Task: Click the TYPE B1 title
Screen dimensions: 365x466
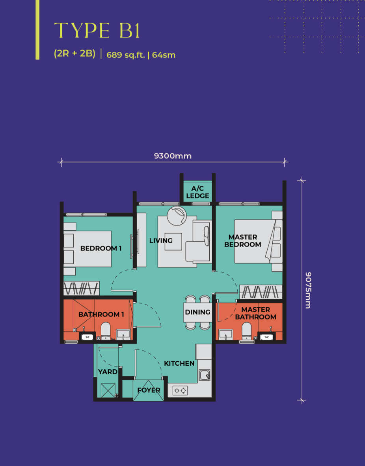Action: click(97, 30)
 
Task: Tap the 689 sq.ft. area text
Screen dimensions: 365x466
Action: click(125, 55)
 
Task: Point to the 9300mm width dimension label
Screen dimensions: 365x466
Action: click(173, 156)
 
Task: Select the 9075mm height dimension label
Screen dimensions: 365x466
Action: click(308, 290)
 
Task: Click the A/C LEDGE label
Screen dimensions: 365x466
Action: click(197, 192)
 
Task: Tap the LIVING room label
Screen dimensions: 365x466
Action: click(161, 241)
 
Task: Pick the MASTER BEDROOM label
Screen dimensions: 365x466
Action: click(243, 241)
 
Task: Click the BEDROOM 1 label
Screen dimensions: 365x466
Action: click(101, 248)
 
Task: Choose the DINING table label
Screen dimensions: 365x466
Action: click(197, 312)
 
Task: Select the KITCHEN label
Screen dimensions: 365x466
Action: click(179, 363)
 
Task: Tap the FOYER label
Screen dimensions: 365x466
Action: click(149, 390)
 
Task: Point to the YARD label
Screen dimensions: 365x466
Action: click(108, 372)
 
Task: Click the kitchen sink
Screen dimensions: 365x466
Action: click(205, 375)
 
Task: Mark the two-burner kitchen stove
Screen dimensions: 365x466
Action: click(180, 391)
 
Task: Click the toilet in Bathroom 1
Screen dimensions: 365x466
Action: click(106, 331)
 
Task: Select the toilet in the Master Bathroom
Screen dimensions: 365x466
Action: click(247, 331)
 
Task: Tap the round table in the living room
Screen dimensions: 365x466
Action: click(177, 216)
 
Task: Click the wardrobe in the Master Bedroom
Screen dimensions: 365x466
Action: click(261, 292)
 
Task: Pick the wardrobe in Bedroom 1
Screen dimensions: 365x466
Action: click(81, 288)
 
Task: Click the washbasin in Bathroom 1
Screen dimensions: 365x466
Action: click(123, 334)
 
